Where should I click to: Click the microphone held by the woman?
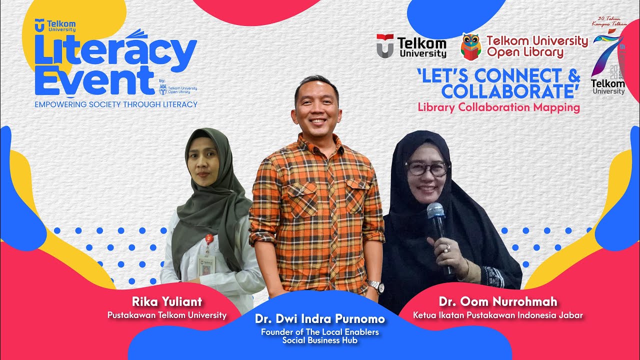435,212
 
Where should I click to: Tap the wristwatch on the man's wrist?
376,286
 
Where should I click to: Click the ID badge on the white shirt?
204,265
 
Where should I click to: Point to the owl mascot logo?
470,46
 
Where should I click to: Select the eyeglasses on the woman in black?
427,168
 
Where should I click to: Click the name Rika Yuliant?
167,302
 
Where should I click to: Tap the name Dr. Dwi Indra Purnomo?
320,319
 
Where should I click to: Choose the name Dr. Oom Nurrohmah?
498,302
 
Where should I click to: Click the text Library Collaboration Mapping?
498,107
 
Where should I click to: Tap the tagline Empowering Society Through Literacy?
116,104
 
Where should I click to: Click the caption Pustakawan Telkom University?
167,315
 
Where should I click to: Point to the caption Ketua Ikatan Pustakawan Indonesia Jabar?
498,315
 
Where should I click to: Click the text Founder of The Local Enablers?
320,331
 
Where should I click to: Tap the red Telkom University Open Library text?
537,46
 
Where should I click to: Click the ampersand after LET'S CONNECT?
573,76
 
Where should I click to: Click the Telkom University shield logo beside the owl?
384,46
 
